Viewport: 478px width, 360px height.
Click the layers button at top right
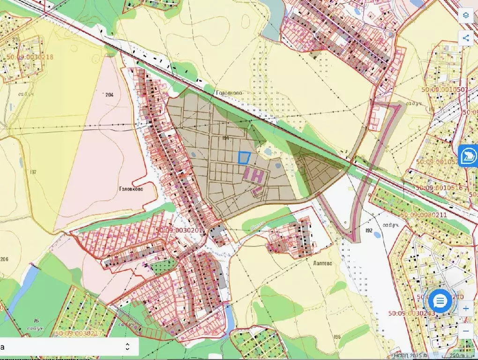pos(466,15)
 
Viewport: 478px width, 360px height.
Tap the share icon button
pos(466,38)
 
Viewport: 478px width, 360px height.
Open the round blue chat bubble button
pos(440,301)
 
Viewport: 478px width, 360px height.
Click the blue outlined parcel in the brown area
pos(244,157)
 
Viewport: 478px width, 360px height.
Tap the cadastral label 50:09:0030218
pos(30,58)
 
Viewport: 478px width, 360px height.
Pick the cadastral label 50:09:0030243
pos(411,313)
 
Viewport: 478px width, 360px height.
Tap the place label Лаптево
pos(320,263)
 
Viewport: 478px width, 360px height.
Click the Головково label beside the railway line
pos(229,93)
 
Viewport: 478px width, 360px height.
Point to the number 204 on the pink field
pos(109,95)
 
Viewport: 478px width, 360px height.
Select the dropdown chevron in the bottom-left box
pos(127,347)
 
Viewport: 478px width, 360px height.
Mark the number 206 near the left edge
pos(4,259)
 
